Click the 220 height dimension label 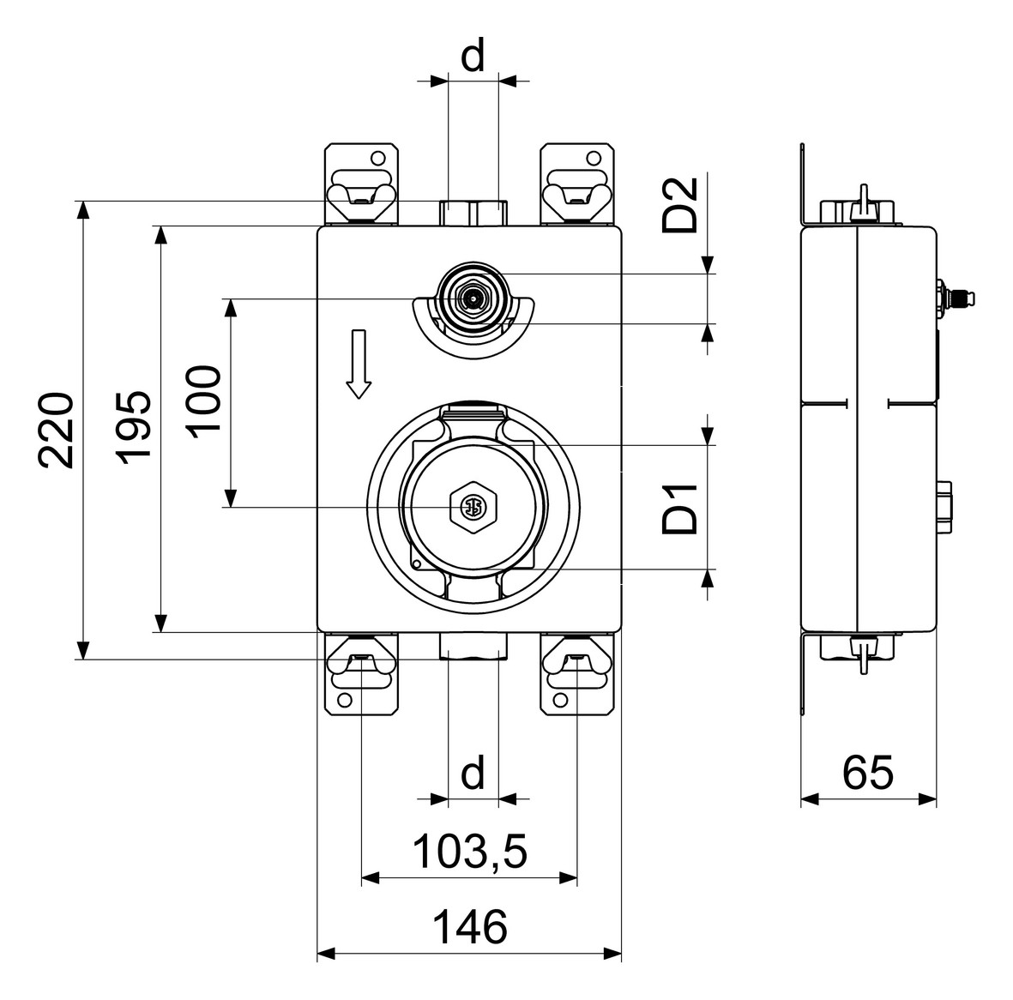pyautogui.click(x=55, y=430)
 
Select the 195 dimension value pyautogui.click(x=134, y=428)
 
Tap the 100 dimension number pyautogui.click(x=203, y=401)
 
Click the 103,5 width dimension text pyautogui.click(x=469, y=852)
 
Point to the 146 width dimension pyautogui.click(x=469, y=928)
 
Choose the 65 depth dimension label pyautogui.click(x=867, y=773)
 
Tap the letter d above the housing pyautogui.click(x=473, y=57)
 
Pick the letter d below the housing pyautogui.click(x=473, y=774)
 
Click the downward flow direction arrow pyautogui.click(x=359, y=364)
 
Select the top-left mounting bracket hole pyautogui.click(x=377, y=159)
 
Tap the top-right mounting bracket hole pyautogui.click(x=594, y=159)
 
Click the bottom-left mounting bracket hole pyautogui.click(x=345, y=699)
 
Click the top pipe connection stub pyautogui.click(x=473, y=213)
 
